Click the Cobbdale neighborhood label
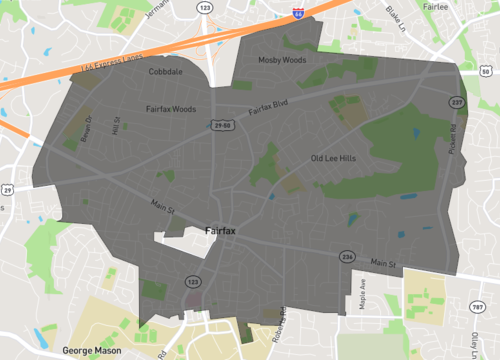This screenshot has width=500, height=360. click(166, 72)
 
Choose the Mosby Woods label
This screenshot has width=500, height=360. click(281, 60)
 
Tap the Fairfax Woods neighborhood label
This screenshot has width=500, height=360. click(170, 108)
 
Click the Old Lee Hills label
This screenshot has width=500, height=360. click(334, 158)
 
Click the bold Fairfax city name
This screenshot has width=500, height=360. click(220, 231)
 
